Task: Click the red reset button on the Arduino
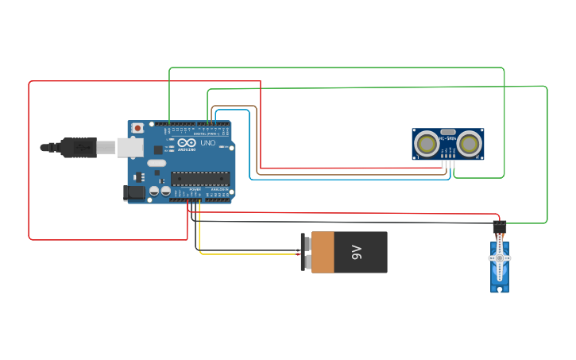click(x=138, y=128)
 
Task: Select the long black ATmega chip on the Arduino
click(x=200, y=179)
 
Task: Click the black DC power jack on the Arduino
click(x=133, y=192)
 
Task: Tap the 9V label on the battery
click(x=356, y=253)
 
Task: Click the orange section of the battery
click(x=326, y=253)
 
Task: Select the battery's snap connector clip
click(x=304, y=253)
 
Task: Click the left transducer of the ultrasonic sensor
click(x=427, y=144)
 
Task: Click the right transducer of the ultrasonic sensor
click(x=470, y=144)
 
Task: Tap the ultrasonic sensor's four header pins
click(x=449, y=165)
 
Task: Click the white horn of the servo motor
click(x=500, y=259)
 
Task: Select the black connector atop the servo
click(x=500, y=227)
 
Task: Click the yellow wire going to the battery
click(x=246, y=254)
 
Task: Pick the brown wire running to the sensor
click(x=256, y=143)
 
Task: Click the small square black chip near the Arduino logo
click(x=158, y=149)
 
